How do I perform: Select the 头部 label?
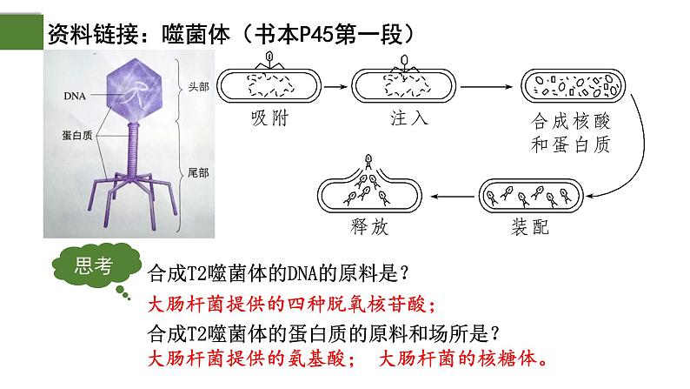coord(199,87)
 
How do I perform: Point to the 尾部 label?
coord(199,171)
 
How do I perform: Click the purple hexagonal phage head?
coord(133,85)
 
